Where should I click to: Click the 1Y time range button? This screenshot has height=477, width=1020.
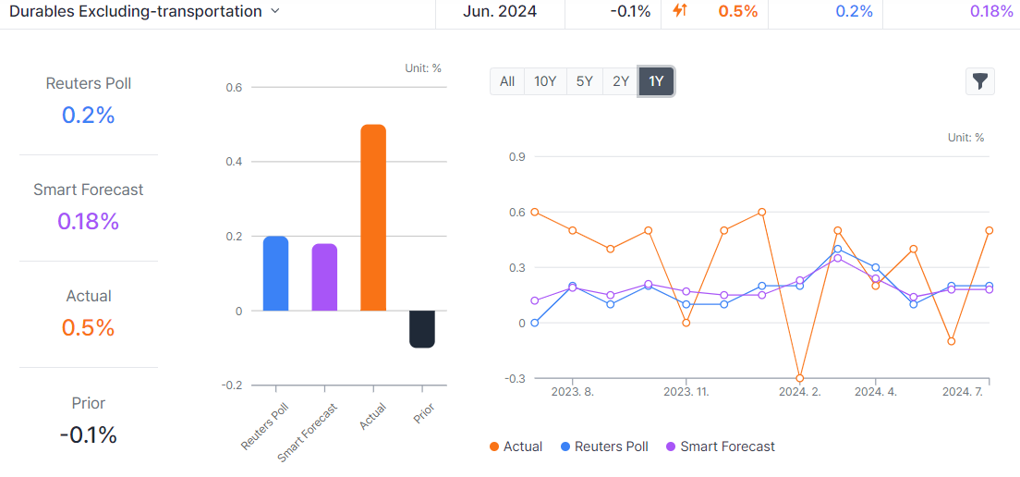[x=656, y=81]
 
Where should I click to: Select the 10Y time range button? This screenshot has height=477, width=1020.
[x=545, y=81]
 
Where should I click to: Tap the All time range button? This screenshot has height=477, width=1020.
[x=507, y=81]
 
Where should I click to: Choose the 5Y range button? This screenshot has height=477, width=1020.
[x=584, y=81]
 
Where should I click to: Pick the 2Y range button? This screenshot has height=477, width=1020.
[x=621, y=81]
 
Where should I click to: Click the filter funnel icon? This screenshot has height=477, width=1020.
[x=980, y=81]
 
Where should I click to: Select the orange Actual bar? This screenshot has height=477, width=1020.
[x=373, y=218]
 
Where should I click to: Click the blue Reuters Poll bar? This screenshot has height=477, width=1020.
[x=275, y=274]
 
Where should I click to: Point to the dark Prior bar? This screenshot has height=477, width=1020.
[x=422, y=329]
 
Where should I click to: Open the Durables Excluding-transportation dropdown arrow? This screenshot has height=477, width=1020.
[x=274, y=12]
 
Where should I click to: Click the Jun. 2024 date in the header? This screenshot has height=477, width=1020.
[x=499, y=12]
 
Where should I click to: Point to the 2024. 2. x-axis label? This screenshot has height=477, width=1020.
[x=799, y=392]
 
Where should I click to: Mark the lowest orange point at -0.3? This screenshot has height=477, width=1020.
[x=799, y=378]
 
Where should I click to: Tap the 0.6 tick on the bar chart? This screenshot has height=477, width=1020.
[x=233, y=88]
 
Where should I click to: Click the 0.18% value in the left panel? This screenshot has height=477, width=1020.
[x=88, y=222]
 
